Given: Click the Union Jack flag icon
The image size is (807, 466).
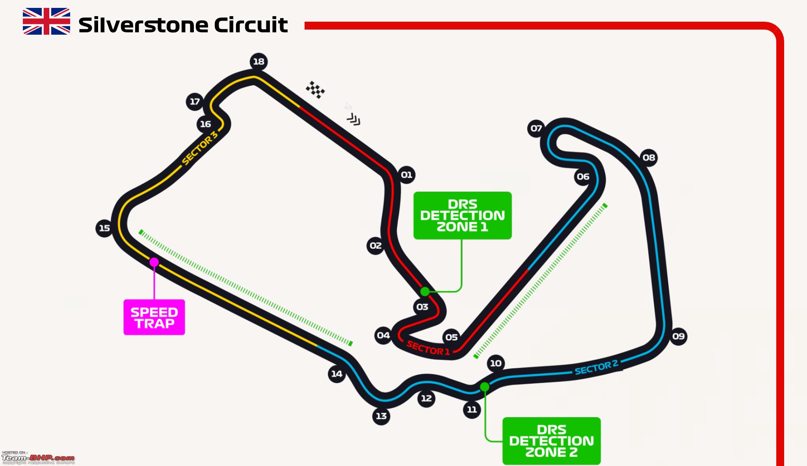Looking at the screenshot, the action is (46, 21).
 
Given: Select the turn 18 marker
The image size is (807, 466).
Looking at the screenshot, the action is (259, 62).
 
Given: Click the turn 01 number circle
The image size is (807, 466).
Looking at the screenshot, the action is (406, 175).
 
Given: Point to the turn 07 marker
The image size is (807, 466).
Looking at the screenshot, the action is (536, 128).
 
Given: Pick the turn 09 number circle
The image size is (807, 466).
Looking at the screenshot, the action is (678, 336).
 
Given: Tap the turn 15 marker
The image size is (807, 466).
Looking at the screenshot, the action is (104, 228).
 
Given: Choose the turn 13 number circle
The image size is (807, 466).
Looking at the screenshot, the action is (381, 416).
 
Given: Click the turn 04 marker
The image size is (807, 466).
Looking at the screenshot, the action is (383, 335).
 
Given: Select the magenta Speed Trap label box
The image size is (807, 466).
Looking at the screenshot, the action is (154, 317).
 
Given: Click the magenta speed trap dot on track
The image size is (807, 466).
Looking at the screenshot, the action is (154, 262).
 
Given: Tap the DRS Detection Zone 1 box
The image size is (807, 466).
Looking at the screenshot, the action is (463, 216).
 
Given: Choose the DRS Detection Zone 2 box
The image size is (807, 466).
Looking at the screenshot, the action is (552, 441).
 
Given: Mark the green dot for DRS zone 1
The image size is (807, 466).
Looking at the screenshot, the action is (425, 292).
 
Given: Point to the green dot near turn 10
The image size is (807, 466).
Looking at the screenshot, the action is (485, 387).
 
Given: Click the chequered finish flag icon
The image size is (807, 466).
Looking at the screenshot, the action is (316, 89).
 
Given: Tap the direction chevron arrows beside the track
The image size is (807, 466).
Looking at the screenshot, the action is (353, 119).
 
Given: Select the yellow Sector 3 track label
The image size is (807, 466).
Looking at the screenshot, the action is (200, 147).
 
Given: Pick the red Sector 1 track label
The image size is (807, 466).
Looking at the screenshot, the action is (428, 348).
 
